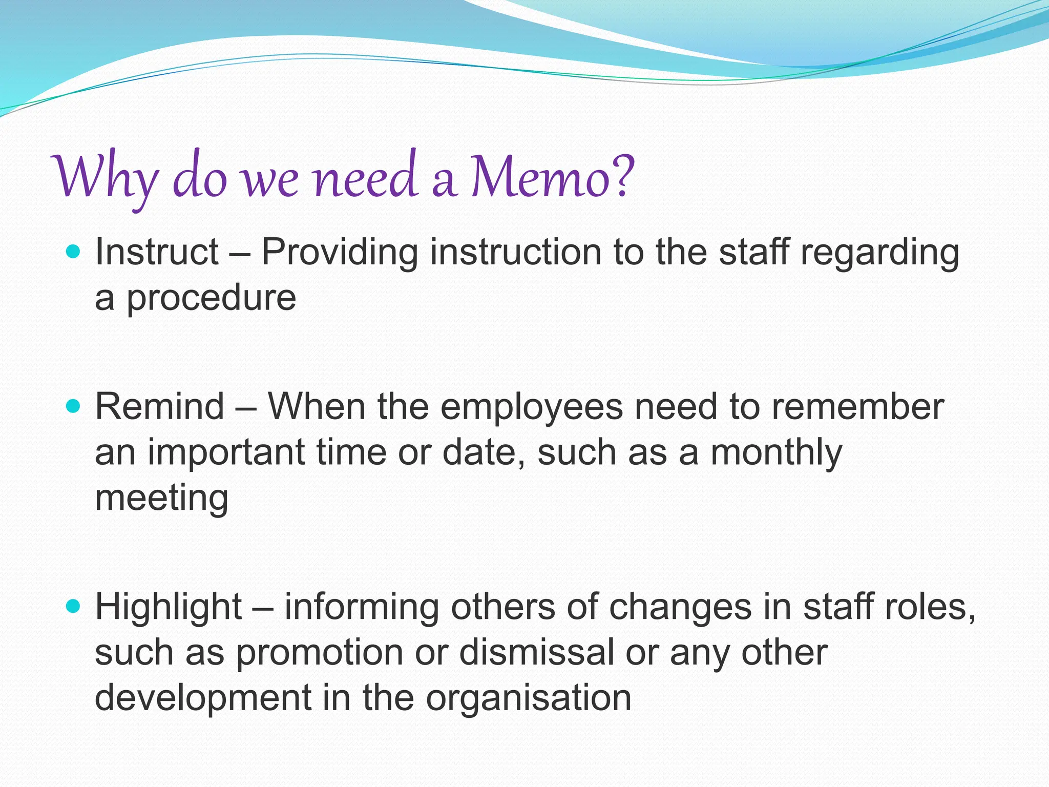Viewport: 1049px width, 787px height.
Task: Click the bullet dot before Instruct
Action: [74, 252]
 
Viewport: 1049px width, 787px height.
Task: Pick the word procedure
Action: [211, 299]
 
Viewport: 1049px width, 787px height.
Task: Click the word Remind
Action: [160, 406]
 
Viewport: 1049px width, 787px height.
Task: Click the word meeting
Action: [161, 499]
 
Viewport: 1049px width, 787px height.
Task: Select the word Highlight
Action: [169, 608]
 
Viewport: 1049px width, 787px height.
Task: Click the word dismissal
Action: [536, 652]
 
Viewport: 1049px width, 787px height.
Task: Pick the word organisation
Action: [529, 699]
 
